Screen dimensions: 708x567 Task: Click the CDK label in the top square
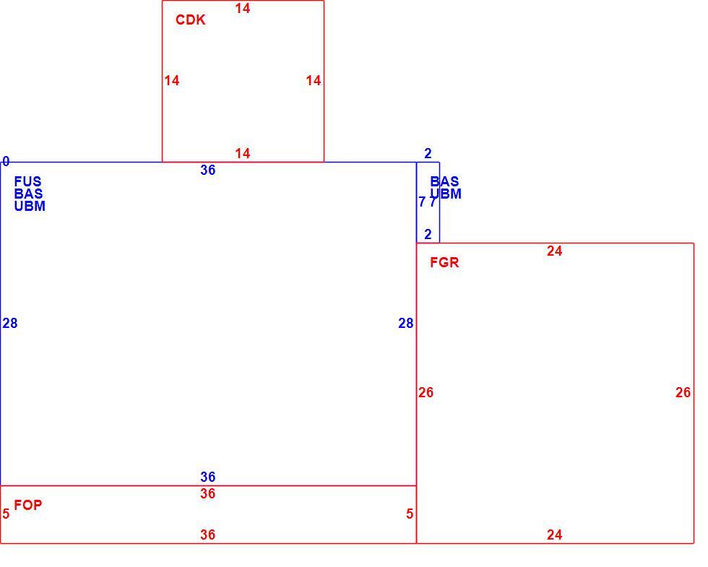coord(190,20)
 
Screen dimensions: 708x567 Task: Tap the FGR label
coord(444,262)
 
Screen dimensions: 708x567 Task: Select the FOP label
coord(28,505)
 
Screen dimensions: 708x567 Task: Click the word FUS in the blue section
coord(27,181)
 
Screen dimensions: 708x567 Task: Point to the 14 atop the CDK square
coord(243,8)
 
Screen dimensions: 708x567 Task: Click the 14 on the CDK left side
coord(172,80)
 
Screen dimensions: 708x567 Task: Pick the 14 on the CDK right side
coord(314,80)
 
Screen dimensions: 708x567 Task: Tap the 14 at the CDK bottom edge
coord(243,153)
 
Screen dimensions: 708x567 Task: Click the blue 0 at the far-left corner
coord(6,161)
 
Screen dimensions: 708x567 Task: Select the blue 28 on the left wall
coord(10,324)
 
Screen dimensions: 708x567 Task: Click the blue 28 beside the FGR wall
coord(406,324)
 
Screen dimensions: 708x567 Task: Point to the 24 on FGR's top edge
coord(555,251)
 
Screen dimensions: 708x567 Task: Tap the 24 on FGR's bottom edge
coord(555,535)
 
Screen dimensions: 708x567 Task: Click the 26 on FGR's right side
coord(683,392)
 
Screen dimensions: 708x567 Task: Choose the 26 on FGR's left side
coord(426,392)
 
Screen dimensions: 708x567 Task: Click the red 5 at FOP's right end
coord(410,514)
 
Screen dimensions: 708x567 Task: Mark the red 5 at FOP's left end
coord(6,514)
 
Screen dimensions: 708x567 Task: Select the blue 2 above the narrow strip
coord(428,153)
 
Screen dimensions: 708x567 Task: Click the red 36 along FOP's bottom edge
coord(208,535)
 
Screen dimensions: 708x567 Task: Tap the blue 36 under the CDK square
coord(208,170)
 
